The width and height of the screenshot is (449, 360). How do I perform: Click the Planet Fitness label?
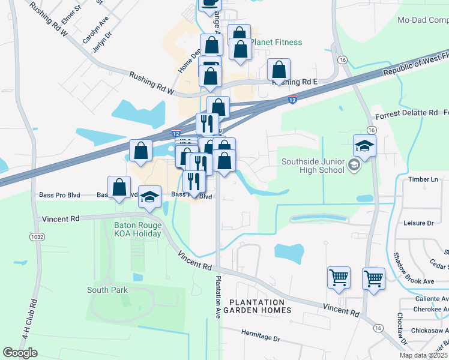pyautogui.click(x=276, y=43)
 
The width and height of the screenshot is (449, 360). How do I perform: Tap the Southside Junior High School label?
pyautogui.click(x=313, y=165)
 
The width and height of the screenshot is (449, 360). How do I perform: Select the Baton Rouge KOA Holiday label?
pyautogui.click(x=137, y=229)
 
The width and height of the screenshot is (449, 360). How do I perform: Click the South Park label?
pyautogui.click(x=107, y=290)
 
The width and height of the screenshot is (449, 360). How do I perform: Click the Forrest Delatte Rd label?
pyautogui.click(x=407, y=113)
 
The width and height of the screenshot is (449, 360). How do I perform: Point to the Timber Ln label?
pyautogui.click(x=423, y=179)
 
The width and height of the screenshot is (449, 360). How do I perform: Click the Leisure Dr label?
pyautogui.click(x=421, y=223)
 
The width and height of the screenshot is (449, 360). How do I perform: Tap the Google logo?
pyautogui.click(x=20, y=353)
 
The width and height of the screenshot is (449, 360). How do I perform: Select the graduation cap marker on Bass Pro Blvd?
pyautogui.click(x=150, y=196)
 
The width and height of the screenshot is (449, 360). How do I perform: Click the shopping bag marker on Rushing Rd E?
pyautogui.click(x=279, y=70)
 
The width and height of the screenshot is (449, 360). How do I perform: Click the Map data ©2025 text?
pyautogui.click(x=423, y=355)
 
